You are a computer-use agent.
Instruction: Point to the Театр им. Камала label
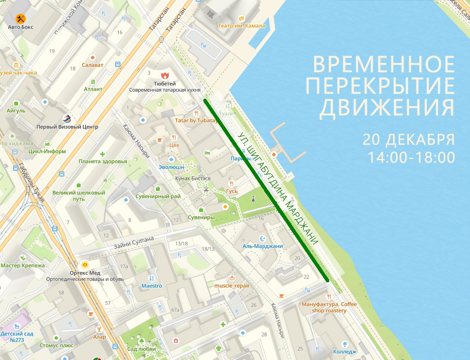tap(242, 26)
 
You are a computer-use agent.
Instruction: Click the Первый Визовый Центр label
tap(67, 127)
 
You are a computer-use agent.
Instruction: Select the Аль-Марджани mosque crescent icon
tap(263, 238)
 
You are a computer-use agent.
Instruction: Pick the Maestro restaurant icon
tap(152, 278)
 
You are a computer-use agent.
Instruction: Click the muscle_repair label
tap(232, 285)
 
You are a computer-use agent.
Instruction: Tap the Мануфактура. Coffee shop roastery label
tap(329, 307)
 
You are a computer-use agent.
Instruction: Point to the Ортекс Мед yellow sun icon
tap(85, 265)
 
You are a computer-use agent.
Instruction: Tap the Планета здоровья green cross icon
tap(103, 154)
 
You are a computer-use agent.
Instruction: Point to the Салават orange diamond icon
tap(92, 57)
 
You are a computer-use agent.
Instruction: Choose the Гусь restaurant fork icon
tap(232, 183)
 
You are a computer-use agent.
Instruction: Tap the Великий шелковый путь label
tap(79, 196)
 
